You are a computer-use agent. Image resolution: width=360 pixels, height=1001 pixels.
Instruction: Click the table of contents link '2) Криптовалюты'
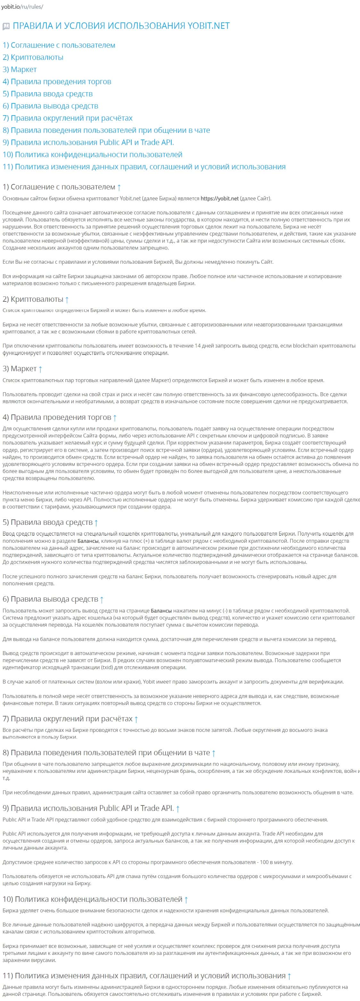coord(33,57)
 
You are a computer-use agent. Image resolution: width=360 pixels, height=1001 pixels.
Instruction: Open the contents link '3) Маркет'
coord(20,69)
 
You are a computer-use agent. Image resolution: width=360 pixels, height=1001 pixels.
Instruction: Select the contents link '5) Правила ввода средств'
coord(47,94)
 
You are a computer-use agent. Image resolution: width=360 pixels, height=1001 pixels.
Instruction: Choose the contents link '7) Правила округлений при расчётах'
coord(67,118)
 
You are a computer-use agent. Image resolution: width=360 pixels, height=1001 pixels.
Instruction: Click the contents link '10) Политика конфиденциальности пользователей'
coord(92,154)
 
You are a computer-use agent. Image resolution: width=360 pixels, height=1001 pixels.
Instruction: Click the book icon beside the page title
coord(6,27)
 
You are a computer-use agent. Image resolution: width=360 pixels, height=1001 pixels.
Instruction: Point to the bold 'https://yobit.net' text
coord(219,198)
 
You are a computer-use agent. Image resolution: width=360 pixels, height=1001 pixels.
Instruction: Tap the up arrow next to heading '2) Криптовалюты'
coord(67,300)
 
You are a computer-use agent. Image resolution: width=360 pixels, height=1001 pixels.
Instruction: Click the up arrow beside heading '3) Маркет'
coord(40,369)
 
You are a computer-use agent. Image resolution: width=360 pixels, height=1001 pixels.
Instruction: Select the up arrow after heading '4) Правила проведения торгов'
coord(115,418)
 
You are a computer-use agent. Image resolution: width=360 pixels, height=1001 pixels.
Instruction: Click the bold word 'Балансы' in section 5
coord(88,541)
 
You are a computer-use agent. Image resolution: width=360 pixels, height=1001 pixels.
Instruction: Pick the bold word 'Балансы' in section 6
coord(161,611)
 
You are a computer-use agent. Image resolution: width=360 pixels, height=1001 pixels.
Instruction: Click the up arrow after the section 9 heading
coord(178,809)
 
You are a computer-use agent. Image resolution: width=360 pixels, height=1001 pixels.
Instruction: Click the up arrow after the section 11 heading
coord(289,976)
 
